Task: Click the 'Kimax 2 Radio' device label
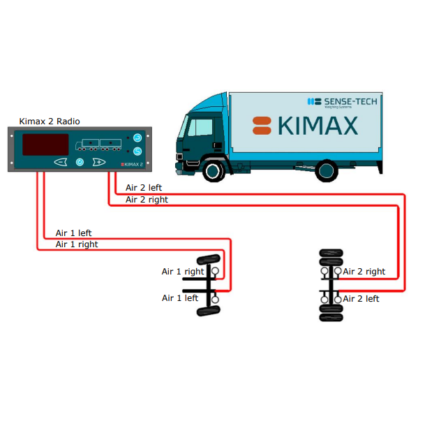pyautogui.click(x=50, y=122)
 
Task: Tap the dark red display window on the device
pyautogui.click(x=45, y=145)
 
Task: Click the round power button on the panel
pyautogui.click(x=80, y=163)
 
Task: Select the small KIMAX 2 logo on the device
pyautogui.click(x=132, y=165)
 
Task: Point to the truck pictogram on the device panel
pyautogui.click(x=97, y=145)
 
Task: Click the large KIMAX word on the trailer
pyautogui.click(x=318, y=126)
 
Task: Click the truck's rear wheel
pyautogui.click(x=326, y=170)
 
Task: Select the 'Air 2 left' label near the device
pyautogui.click(x=144, y=188)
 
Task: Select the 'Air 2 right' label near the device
pyautogui.click(x=147, y=200)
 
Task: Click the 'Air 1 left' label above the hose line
pyautogui.click(x=73, y=233)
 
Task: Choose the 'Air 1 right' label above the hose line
pyautogui.click(x=77, y=244)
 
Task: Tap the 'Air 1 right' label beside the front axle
pyautogui.click(x=183, y=272)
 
